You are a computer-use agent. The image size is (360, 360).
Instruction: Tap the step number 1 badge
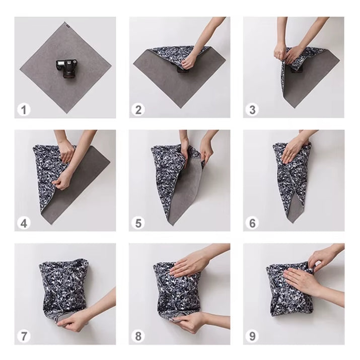23,109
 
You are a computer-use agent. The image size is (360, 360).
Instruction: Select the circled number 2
138,109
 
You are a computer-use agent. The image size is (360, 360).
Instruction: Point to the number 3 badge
252,109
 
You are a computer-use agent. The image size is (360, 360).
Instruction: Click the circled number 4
23,223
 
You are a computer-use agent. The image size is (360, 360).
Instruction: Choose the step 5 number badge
138,223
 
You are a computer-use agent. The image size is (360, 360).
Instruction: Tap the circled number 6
252,223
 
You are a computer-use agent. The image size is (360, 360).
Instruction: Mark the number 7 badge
23,336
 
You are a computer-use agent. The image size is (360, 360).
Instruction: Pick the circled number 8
138,336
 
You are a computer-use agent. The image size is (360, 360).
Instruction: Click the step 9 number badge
252,336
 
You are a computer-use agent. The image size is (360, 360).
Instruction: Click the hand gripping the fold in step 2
191,61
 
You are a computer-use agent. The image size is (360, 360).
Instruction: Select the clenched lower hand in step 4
63,179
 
